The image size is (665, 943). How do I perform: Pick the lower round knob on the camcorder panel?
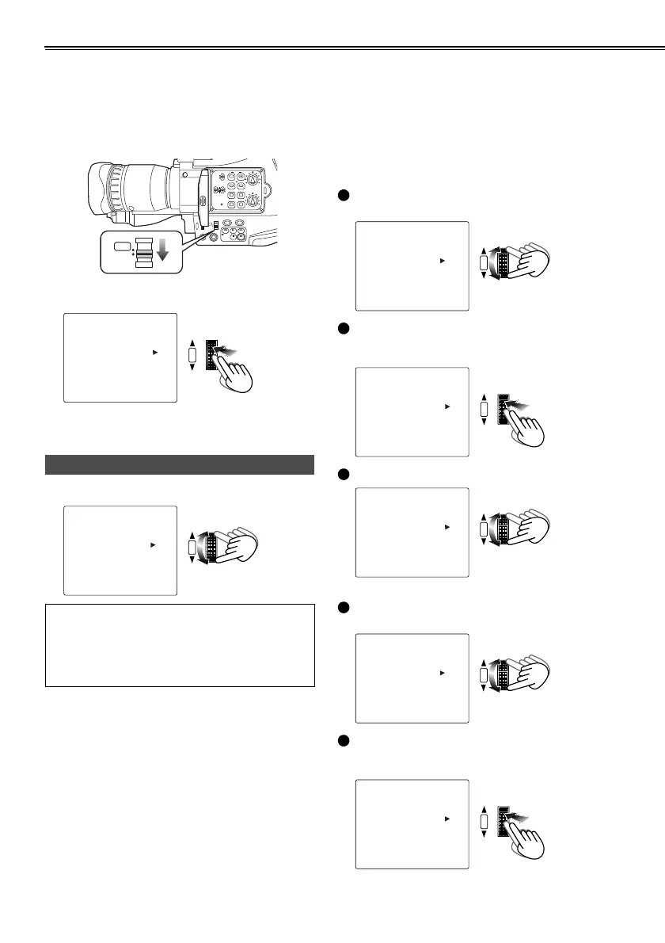pyautogui.click(x=252, y=203)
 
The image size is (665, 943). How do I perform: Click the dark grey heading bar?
pyautogui.click(x=180, y=464)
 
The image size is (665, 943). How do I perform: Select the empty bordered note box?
pyautogui.click(x=180, y=646)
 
